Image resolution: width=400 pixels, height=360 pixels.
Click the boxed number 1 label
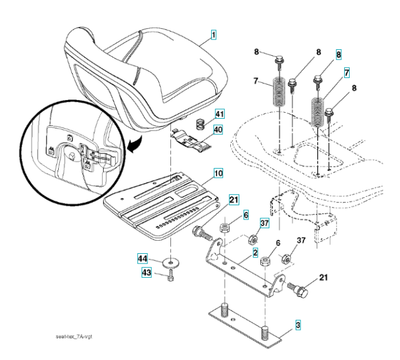point(214,35)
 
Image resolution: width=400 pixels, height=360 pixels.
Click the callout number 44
point(143,259)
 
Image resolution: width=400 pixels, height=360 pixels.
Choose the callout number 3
point(297,326)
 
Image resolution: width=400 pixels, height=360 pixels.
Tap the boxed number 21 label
point(234,200)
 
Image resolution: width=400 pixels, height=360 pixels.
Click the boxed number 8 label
point(339,55)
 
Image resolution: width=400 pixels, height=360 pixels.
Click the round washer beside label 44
point(172,262)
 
